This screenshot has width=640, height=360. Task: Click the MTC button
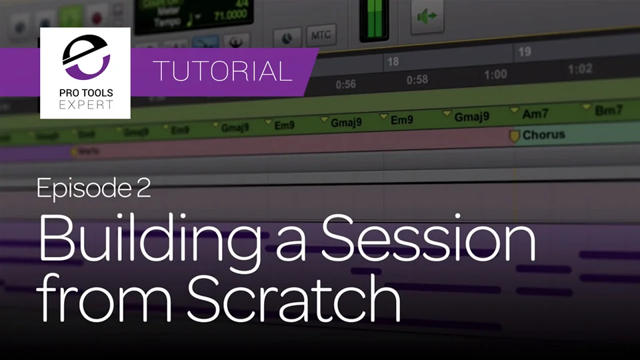pyautogui.click(x=321, y=35)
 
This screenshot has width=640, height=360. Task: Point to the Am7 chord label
pyautogui.click(x=535, y=115)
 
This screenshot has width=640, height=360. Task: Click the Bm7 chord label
pyautogui.click(x=607, y=111)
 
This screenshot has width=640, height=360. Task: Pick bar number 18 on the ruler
pyautogui.click(x=393, y=62)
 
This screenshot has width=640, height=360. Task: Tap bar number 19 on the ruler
pyautogui.click(x=525, y=52)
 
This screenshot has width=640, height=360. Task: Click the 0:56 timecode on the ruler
pyautogui.click(x=345, y=85)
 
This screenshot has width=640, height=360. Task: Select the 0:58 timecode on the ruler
pyautogui.click(x=417, y=79)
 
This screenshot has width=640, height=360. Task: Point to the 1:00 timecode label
pyautogui.click(x=495, y=74)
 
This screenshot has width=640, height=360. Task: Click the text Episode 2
pyautogui.click(x=94, y=189)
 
